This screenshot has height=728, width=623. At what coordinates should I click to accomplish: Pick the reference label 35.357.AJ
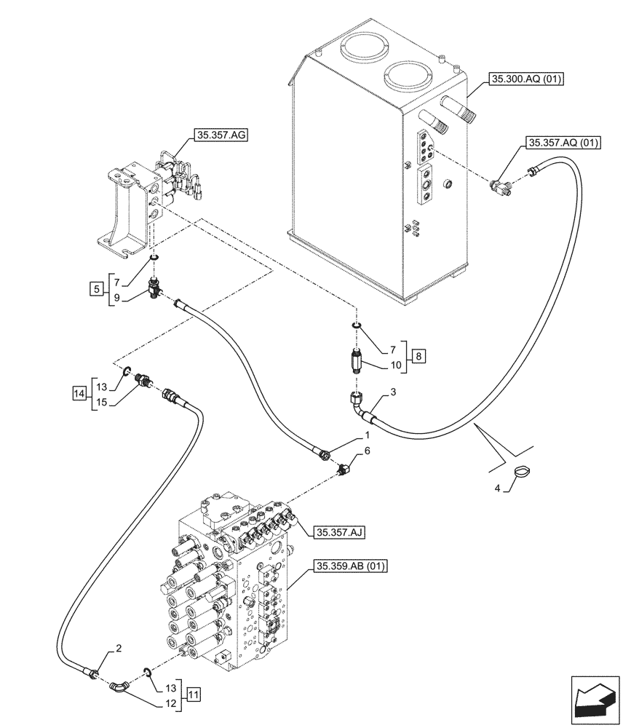(x=340, y=533)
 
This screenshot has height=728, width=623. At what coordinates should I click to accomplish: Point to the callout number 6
(x=367, y=451)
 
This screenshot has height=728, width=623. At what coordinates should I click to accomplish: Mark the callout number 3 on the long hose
(x=392, y=393)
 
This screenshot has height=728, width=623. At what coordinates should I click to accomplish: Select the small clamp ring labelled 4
(x=522, y=472)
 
